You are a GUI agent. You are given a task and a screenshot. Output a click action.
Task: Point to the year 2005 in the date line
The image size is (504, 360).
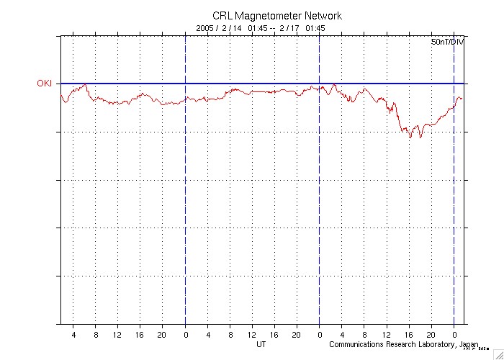pyautogui.click(x=206, y=28)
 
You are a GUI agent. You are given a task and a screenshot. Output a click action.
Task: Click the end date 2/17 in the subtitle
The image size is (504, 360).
pyautogui.click(x=290, y=28)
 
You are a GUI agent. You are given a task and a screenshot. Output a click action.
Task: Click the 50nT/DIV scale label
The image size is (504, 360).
pyautogui.click(x=448, y=43)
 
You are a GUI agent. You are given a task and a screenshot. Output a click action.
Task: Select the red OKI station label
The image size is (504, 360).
pyautogui.click(x=45, y=84)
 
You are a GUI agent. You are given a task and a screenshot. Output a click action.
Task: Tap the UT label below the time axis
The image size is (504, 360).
pyautogui.click(x=262, y=344)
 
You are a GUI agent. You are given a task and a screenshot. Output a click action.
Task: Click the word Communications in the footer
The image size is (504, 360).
pyautogui.click(x=357, y=344)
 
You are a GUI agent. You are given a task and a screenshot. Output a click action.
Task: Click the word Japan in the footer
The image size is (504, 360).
pyautogui.click(x=469, y=344)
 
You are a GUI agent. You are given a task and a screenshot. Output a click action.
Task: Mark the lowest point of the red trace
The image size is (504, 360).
pyautogui.click(x=420, y=138)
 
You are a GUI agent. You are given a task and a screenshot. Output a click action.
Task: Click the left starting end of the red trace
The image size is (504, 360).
pyautogui.click(x=61, y=94)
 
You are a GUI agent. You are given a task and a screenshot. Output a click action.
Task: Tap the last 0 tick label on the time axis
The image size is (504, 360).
pyautogui.click(x=454, y=335)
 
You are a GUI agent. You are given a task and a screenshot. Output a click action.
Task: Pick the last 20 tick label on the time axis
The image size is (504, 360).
pyautogui.click(x=431, y=335)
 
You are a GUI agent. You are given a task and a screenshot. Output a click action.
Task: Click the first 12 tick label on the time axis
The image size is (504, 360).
pyautogui.click(x=117, y=335)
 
